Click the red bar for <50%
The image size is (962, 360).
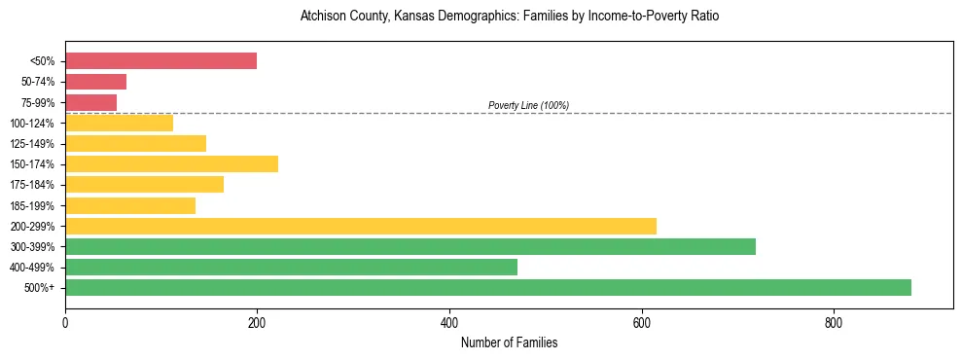[160, 61]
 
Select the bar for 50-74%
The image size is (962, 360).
[95, 82]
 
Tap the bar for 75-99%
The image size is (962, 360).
[90, 102]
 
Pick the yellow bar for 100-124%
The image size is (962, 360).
[119, 123]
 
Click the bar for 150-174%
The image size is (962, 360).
[171, 163]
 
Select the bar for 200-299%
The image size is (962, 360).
[360, 226]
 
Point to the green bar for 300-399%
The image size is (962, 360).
[410, 246]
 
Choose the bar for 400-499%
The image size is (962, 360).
[291, 267]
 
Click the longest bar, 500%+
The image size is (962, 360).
[487, 287]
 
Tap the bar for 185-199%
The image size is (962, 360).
[129, 205]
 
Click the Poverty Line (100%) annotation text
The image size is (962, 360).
[528, 105]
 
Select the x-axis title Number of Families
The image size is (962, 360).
[509, 343]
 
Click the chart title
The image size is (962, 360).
[509, 17]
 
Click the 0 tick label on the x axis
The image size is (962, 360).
[65, 322]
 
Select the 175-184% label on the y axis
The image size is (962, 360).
[32, 185]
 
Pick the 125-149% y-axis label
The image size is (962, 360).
[32, 144]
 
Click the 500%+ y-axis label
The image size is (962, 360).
[39, 288]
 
